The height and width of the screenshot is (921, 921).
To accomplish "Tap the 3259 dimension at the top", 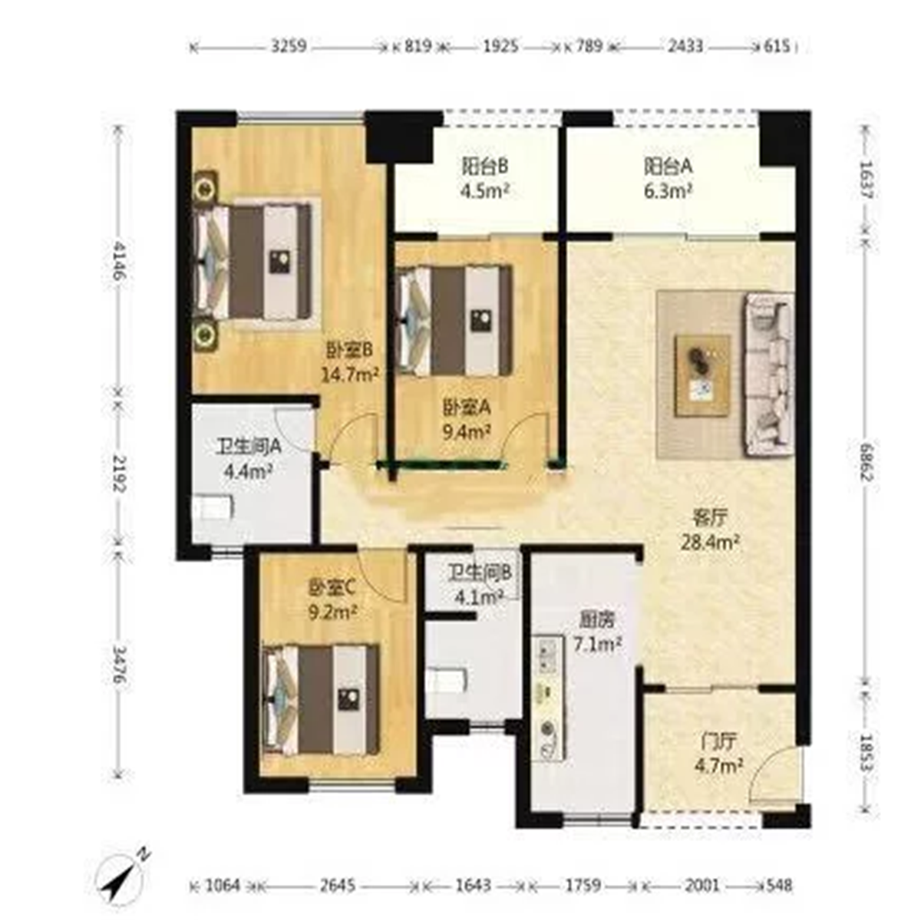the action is [289, 47].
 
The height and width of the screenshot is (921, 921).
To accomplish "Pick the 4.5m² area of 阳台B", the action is [484, 190].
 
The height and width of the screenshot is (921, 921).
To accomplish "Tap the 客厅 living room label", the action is [710, 517].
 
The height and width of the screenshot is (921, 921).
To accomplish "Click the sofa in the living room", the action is [768, 375].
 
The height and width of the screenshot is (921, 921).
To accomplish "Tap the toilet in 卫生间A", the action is [213, 507].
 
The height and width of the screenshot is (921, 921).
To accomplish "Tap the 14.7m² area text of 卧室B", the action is [350, 375].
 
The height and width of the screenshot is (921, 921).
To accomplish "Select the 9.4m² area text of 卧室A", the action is [467, 432].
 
